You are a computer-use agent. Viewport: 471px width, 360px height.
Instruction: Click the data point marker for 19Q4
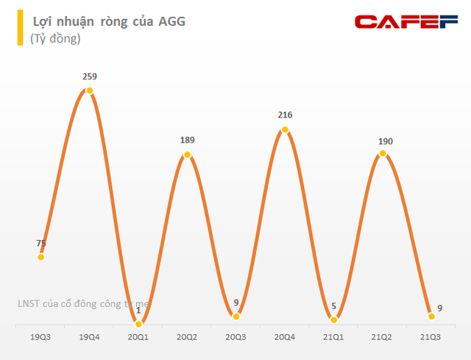(x=90, y=91)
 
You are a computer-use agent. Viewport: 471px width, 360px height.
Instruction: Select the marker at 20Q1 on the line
(x=138, y=322)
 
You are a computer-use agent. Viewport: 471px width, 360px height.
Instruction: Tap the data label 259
(x=90, y=76)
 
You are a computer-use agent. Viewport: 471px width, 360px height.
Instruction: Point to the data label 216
(x=285, y=115)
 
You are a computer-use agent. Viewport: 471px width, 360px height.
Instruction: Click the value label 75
(x=41, y=242)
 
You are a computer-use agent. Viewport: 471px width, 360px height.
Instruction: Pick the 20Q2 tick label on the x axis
(x=187, y=337)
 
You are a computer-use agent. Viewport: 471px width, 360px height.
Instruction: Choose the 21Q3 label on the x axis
(x=431, y=337)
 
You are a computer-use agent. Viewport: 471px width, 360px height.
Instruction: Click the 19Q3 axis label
(x=41, y=337)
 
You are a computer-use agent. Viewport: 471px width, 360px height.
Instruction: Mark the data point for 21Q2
(x=383, y=154)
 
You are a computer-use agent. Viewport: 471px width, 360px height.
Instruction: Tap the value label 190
(x=383, y=139)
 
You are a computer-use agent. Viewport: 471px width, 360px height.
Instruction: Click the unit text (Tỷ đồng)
(x=56, y=38)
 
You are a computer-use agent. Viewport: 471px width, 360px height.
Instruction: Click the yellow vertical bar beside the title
(x=21, y=28)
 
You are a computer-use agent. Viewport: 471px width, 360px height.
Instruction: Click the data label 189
(x=187, y=140)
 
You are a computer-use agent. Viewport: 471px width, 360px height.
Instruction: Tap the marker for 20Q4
(x=285, y=130)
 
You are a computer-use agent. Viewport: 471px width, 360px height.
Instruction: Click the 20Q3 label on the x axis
(x=235, y=337)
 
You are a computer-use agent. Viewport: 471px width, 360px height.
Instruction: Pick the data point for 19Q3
(x=41, y=257)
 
